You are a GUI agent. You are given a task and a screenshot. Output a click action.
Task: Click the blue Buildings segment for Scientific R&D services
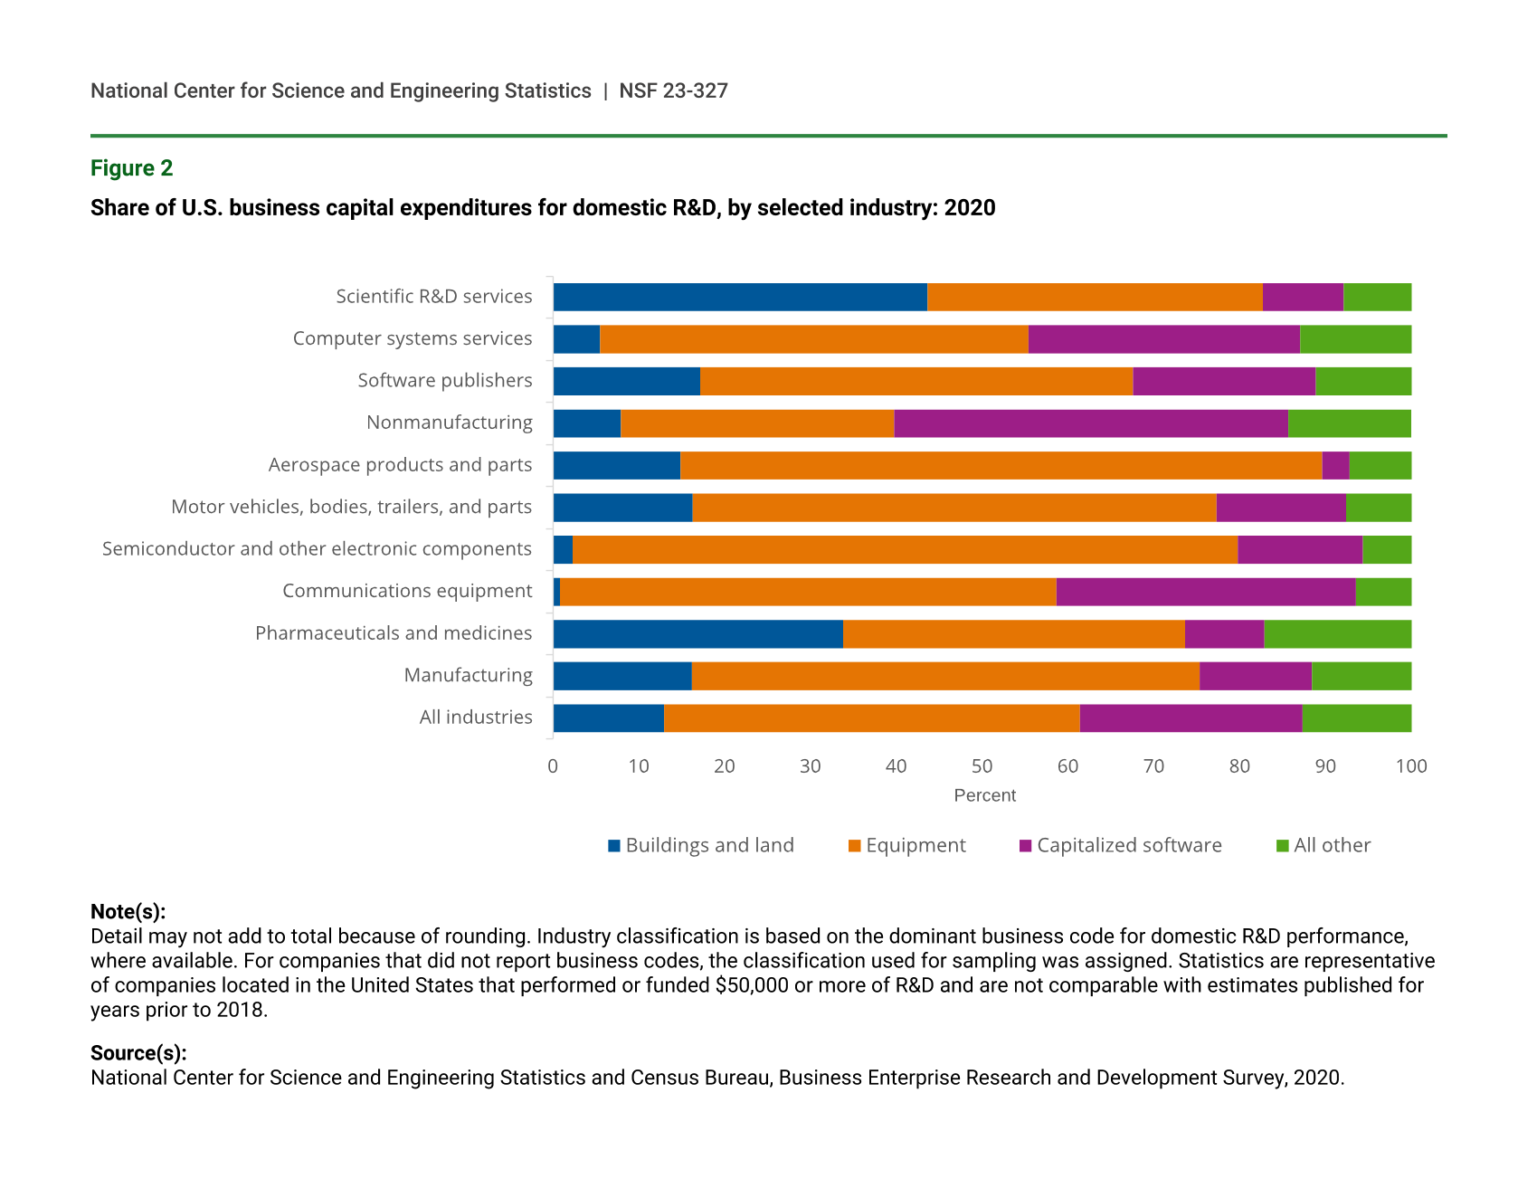tap(740, 297)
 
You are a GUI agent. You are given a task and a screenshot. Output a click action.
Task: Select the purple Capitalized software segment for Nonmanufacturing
tap(1090, 423)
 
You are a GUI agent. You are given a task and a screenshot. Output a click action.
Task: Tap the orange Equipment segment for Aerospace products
tap(1001, 465)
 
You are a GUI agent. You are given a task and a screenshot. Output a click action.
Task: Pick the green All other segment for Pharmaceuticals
tap(1337, 634)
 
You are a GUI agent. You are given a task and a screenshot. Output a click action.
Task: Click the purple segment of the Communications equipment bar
tap(1205, 592)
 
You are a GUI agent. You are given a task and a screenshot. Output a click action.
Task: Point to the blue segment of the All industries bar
tap(608, 718)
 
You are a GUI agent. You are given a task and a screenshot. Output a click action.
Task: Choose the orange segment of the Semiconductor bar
tap(905, 549)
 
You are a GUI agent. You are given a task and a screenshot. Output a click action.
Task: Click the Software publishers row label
tap(444, 380)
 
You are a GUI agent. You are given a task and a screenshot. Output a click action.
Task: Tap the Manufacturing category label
tap(468, 675)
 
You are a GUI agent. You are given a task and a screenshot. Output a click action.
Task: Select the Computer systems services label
tap(412, 338)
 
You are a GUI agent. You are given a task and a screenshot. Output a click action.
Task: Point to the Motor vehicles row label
tap(351, 507)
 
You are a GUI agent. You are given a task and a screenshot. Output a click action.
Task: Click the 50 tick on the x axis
tap(982, 766)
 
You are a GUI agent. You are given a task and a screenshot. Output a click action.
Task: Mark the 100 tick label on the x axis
tap(1410, 766)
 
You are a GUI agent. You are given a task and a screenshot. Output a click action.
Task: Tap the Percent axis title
tap(984, 795)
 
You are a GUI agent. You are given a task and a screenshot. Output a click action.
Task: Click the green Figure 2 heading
tap(131, 168)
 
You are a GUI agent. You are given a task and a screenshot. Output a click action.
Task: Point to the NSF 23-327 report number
tap(673, 90)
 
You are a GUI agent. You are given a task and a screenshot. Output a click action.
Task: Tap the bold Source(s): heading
tap(138, 1053)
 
